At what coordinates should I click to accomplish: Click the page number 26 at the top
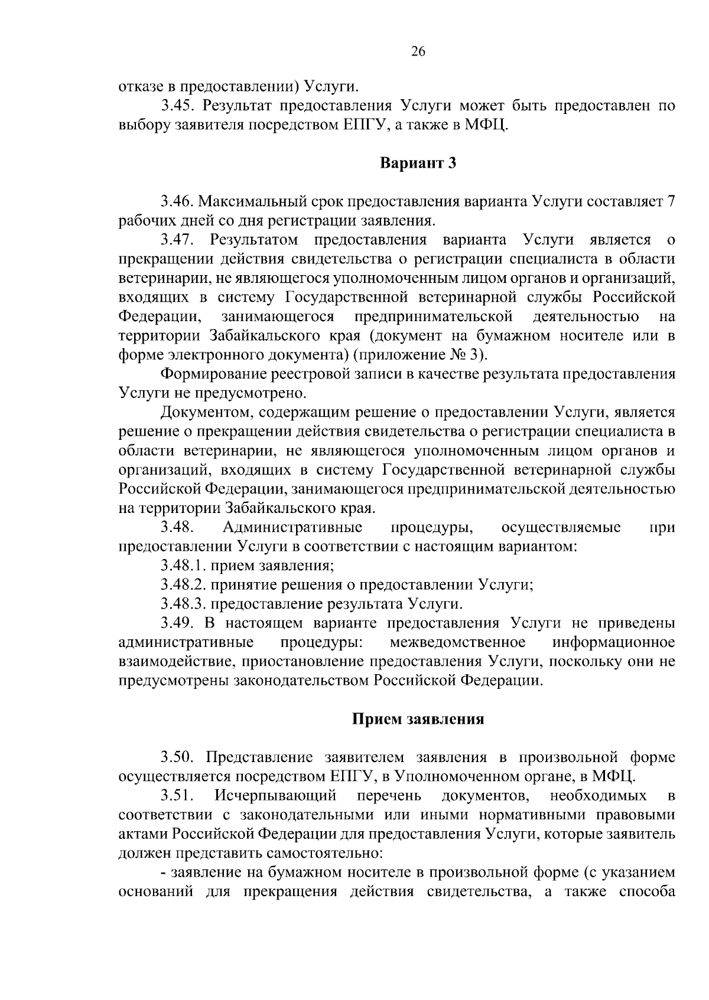418,51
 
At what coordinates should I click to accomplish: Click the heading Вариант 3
418,164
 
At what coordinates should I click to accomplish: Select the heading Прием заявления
418,719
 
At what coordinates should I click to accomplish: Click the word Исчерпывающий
276,796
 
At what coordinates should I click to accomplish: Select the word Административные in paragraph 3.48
293,527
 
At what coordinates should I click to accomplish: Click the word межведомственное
458,642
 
